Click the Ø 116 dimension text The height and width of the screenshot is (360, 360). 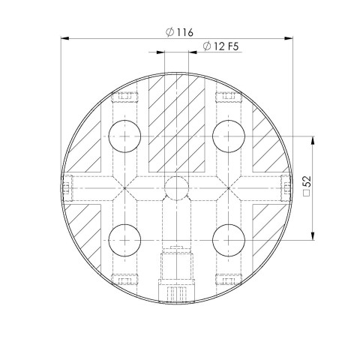(178, 32)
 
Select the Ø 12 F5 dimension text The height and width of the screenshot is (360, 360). (221, 48)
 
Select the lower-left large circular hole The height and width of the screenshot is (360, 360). (124, 240)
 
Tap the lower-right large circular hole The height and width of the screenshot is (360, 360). (228, 240)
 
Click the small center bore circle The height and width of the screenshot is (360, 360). (176, 188)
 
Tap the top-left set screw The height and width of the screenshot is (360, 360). (124, 97)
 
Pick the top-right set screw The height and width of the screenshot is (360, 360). (228, 97)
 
